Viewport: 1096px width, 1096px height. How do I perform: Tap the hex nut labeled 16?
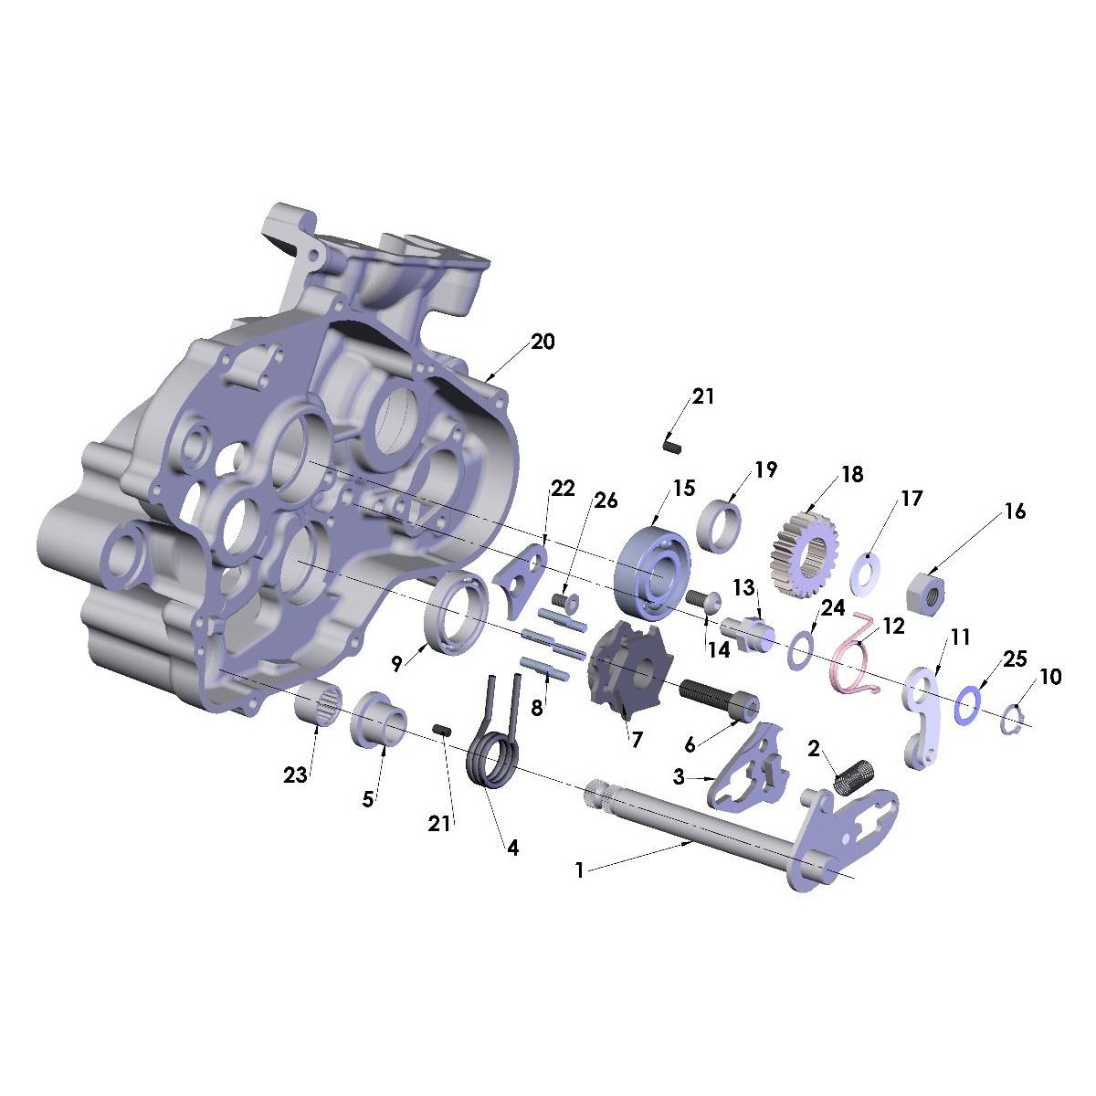(x=924, y=590)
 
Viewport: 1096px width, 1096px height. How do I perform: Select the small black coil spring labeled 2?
(x=856, y=775)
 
